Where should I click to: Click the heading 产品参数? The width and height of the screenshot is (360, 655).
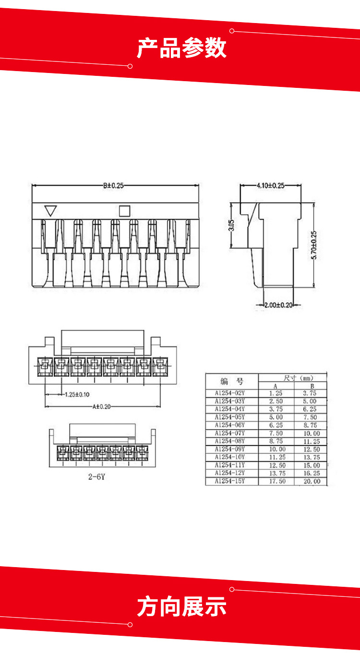pos(181,48)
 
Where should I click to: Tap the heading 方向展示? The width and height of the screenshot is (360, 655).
pos(181,607)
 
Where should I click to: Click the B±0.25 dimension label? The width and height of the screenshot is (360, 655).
pos(113,186)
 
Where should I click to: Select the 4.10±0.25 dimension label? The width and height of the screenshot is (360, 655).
pos(271,186)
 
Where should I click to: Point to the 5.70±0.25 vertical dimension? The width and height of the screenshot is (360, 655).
pos(314,245)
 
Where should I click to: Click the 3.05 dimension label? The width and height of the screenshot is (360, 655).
pos(231,225)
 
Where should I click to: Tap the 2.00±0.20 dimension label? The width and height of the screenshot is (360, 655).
pos(278,305)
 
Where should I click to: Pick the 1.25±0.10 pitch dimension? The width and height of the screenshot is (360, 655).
pos(77,394)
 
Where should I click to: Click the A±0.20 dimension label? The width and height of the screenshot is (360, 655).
pos(102,406)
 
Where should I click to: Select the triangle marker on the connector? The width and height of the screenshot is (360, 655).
pos(50,210)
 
